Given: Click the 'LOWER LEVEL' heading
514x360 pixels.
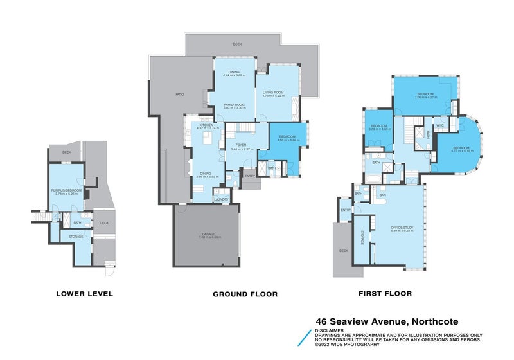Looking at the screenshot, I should coord(85,294).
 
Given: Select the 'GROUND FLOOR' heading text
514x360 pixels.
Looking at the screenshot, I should coord(245,294).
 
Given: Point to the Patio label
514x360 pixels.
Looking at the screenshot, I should coord(180,94).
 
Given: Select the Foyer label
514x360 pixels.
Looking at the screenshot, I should coord(241,146).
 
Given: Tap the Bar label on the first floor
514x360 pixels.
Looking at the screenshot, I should coord(382,195).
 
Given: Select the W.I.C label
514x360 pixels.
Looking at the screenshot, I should coord(441,125).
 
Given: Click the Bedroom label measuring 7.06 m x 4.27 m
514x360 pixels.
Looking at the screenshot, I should coord(425,94).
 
